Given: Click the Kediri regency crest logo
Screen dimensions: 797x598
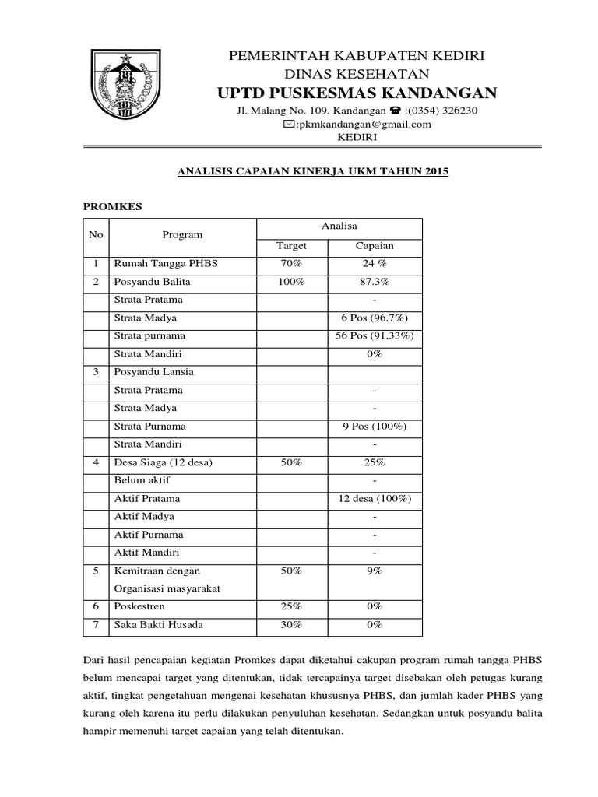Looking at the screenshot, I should (123, 83).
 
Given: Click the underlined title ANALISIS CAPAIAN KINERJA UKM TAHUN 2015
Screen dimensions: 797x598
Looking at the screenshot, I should (310, 171).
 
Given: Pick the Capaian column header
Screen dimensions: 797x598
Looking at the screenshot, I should (375, 245).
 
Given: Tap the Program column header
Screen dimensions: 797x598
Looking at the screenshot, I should (182, 234).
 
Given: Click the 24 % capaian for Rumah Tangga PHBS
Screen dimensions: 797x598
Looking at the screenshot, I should (375, 264).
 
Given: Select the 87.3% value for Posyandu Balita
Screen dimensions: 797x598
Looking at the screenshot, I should (375, 282).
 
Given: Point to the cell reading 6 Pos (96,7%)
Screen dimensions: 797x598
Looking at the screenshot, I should (375, 318).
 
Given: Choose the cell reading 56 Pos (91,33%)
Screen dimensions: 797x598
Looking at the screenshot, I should (375, 335).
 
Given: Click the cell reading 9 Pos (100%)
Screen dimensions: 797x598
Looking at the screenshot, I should (375, 427).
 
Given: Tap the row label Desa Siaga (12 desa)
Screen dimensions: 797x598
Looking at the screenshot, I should (164, 462).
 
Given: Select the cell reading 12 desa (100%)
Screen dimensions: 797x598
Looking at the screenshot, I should (375, 498).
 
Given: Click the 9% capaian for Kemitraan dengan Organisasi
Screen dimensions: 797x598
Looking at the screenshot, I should (375, 571).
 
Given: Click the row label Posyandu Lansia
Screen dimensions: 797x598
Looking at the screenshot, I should (154, 372).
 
